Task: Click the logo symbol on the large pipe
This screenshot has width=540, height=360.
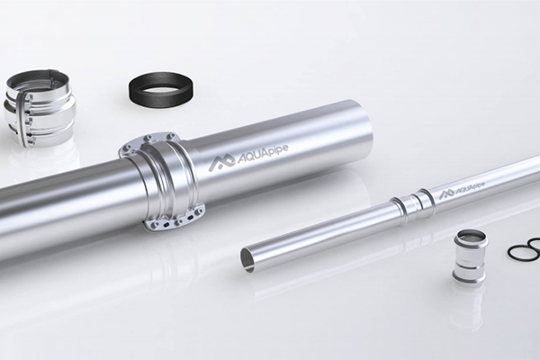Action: click(x=221, y=163)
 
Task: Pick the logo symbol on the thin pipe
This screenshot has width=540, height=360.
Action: click(x=447, y=194)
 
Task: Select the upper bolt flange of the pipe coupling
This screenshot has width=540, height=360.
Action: click(x=148, y=141)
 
